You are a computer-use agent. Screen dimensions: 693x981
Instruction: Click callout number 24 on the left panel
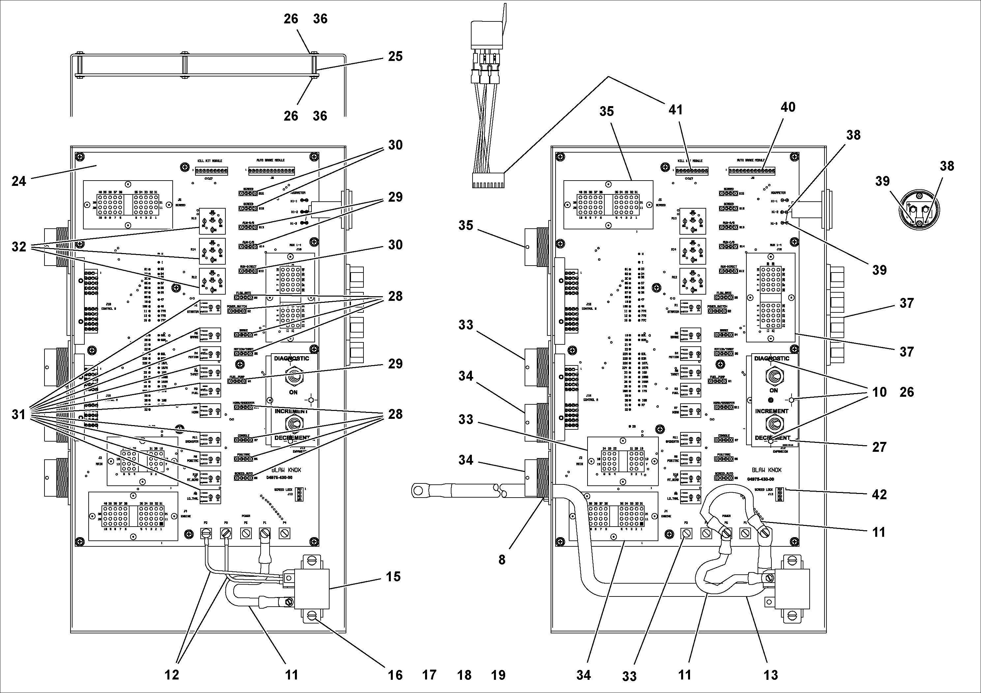pos(18,182)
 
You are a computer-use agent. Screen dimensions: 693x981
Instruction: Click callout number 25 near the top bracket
pos(395,56)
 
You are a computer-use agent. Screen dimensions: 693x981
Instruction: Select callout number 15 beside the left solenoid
pos(393,576)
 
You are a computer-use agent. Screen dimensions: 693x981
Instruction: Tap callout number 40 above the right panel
pos(788,107)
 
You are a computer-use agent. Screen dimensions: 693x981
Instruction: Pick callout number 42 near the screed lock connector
pos(879,494)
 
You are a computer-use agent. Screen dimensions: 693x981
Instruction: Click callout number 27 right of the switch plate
pos(879,447)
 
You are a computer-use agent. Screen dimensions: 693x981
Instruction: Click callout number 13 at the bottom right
pos(771,675)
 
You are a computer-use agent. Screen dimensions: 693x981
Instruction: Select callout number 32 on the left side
pos(18,246)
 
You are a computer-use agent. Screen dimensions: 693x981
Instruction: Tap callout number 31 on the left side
pos(18,415)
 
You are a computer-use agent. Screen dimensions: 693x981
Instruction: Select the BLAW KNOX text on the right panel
pos(766,470)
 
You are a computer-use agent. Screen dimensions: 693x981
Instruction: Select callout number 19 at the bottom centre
pos(498,675)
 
